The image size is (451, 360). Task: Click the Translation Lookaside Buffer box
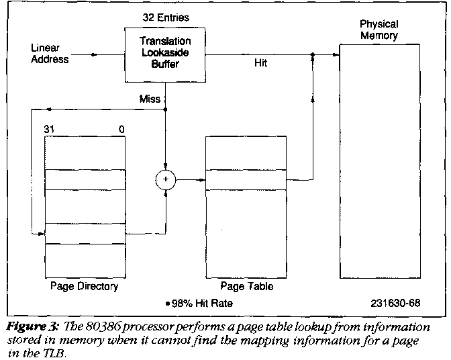pyautogui.click(x=164, y=54)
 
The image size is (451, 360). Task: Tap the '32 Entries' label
pyautogui.click(x=164, y=16)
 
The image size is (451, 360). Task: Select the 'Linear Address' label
pyautogui.click(x=50, y=53)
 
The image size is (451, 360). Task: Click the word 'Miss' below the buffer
pyautogui.click(x=149, y=99)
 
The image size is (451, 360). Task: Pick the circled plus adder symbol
pyautogui.click(x=164, y=180)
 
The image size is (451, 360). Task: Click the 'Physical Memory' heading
pyautogui.click(x=379, y=30)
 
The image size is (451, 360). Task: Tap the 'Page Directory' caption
pyautogui.click(x=84, y=287)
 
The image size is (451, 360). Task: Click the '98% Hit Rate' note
pyautogui.click(x=202, y=303)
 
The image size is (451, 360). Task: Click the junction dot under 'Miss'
pyautogui.click(x=165, y=110)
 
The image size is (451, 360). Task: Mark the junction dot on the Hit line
pyautogui.click(x=313, y=57)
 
